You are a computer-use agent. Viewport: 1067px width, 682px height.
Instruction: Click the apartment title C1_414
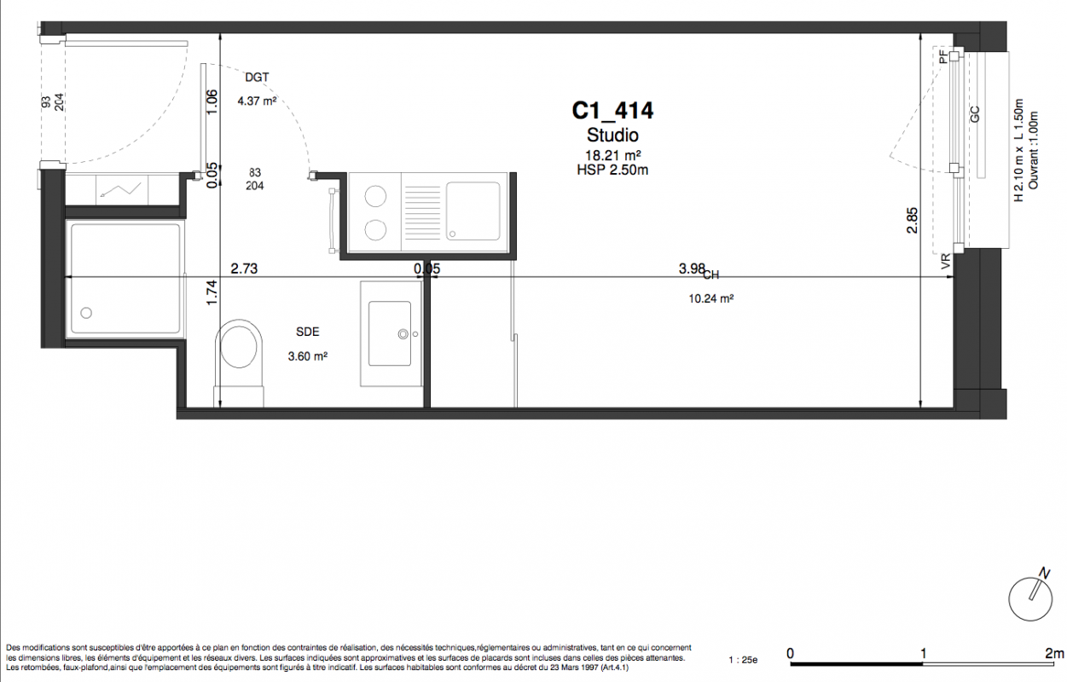coord(612,111)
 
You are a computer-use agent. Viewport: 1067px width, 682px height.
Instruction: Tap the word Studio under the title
coord(612,136)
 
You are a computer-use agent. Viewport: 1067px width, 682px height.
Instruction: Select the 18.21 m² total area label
coord(612,155)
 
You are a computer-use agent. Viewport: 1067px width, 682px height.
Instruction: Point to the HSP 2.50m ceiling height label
coord(612,170)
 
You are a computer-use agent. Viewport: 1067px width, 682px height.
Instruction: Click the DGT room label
coord(258,78)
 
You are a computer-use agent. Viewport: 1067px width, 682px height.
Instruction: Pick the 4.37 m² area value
coord(258,101)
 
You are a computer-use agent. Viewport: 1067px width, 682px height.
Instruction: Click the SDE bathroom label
coord(308,332)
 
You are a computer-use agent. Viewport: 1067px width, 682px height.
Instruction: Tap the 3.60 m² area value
coord(308,356)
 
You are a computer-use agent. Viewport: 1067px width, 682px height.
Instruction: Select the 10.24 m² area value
coord(711,298)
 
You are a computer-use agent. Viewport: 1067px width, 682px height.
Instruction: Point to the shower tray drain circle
coord(86,313)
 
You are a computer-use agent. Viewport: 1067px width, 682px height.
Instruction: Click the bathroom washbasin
coord(390,333)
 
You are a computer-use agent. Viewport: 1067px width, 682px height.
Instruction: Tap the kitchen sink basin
coord(473,211)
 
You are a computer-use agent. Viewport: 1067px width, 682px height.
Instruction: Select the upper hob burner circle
coord(375,196)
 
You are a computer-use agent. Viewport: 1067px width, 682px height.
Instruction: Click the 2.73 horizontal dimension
coord(244,269)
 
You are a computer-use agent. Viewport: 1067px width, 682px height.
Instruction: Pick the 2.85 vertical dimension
coord(912,220)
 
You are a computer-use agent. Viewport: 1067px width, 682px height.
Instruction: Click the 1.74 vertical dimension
coord(212,292)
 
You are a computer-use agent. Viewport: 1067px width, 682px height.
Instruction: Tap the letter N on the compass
coord(1044,574)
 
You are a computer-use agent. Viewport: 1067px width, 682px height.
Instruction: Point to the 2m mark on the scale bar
coord(1054,653)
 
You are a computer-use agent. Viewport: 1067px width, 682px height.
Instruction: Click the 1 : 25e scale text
coord(743,660)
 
